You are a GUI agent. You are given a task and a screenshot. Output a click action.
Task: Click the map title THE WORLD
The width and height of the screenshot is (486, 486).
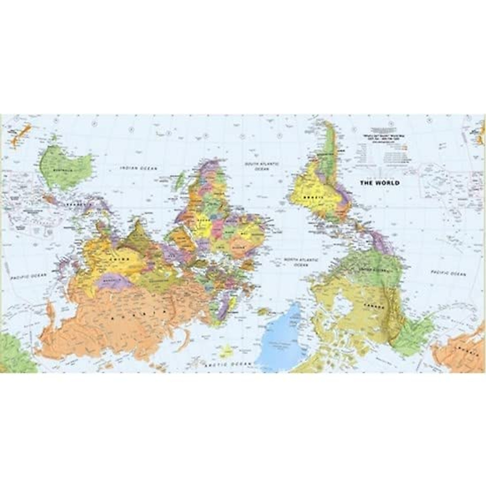(x=380, y=183)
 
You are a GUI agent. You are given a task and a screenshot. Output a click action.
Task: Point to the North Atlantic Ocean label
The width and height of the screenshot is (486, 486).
(x=301, y=262)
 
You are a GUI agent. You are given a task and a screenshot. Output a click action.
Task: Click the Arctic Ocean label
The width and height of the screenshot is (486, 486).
(x=228, y=364)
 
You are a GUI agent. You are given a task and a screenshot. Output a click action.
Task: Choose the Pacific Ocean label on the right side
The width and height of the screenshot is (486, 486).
(x=448, y=274)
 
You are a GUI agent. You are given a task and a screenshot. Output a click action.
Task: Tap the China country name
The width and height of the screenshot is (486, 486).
(x=117, y=258)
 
